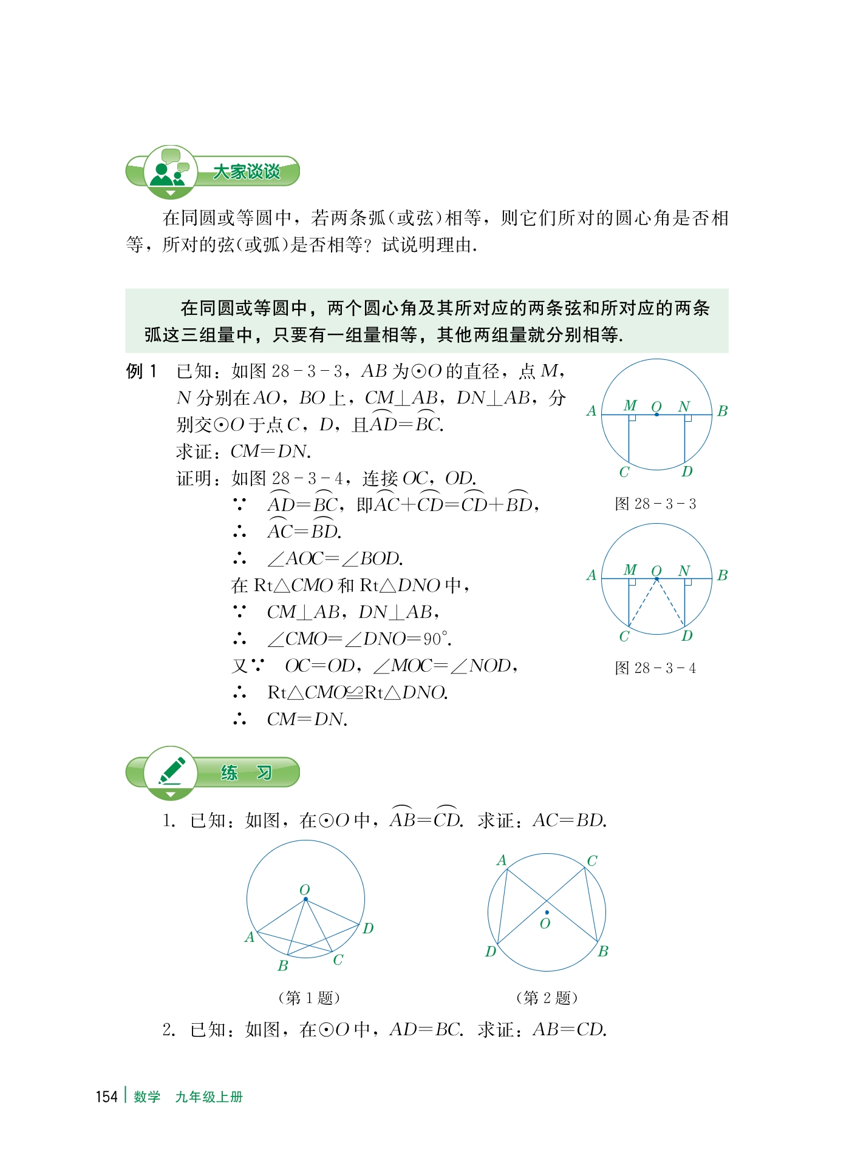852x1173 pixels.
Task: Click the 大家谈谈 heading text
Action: (247, 172)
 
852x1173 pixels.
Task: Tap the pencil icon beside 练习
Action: (171, 771)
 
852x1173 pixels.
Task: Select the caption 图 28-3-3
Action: (655, 504)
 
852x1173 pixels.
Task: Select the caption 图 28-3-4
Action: (655, 668)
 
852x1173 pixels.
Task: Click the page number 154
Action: (106, 1097)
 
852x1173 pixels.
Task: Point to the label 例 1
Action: (141, 371)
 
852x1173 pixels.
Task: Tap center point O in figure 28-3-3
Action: (656, 414)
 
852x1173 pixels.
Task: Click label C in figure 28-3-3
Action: (624, 472)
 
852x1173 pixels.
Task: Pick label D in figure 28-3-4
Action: (687, 636)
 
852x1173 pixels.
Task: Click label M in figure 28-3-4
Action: (630, 570)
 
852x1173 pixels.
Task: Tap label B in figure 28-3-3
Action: (722, 411)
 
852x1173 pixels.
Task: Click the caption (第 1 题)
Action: (308, 998)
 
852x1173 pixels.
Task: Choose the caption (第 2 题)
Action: (547, 998)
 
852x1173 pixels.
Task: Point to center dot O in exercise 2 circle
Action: (547, 912)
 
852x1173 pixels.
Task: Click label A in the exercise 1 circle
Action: (250, 937)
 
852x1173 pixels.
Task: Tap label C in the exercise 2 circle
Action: (592, 860)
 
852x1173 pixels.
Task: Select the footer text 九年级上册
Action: (209, 1097)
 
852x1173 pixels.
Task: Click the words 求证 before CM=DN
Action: (194, 451)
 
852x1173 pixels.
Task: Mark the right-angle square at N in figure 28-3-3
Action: (687, 417)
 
